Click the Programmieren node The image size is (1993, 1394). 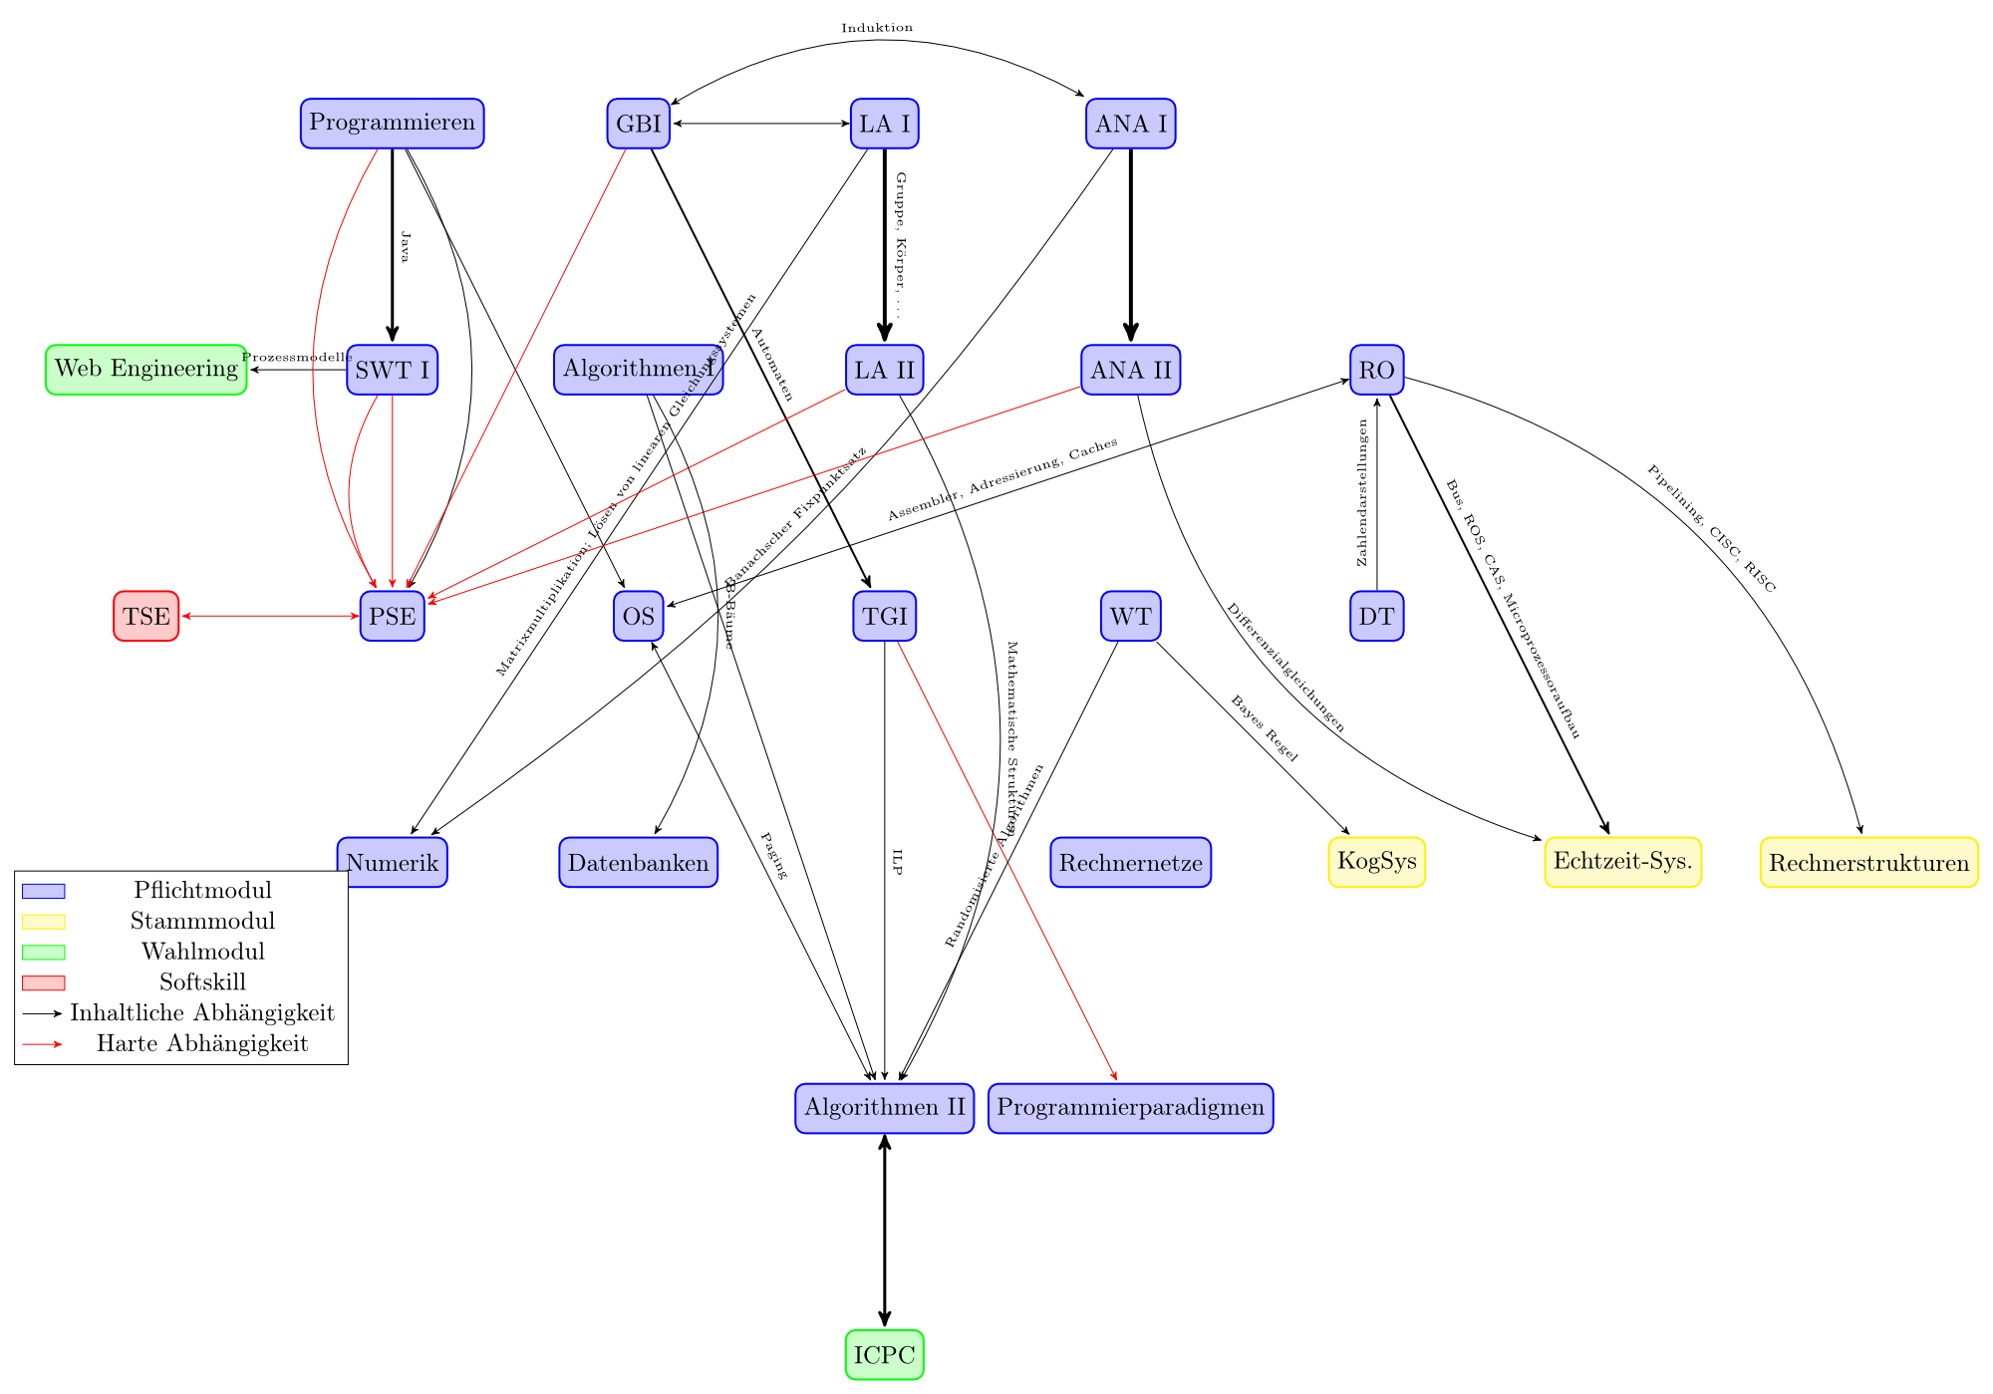click(392, 124)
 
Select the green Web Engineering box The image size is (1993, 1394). click(146, 370)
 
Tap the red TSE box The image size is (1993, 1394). click(146, 616)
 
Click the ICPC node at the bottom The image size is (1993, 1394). click(884, 1355)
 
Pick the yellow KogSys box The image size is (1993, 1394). click(1376, 862)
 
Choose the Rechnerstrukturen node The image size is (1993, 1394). click(1868, 863)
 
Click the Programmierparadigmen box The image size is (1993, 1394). click(1130, 1108)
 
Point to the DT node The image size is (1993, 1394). click(1376, 616)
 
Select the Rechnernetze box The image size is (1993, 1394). click(1130, 862)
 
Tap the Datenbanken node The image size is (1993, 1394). click(638, 862)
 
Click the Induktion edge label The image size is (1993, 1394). click(876, 28)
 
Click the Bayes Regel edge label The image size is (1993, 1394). click(1265, 729)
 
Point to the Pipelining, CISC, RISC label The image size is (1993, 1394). click(1711, 529)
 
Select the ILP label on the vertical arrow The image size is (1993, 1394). click(897, 862)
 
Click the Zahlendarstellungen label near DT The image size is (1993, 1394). click(1363, 492)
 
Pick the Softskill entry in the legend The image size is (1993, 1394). click(202, 982)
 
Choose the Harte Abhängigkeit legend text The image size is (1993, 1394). click(202, 1044)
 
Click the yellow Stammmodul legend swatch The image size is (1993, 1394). click(43, 922)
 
